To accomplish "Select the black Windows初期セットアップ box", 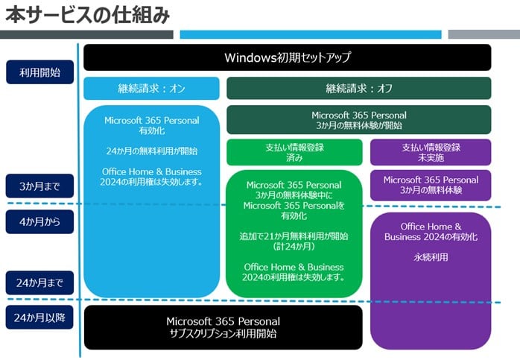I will [287, 57].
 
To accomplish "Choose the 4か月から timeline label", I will [39, 221].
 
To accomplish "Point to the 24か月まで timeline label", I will [39, 282].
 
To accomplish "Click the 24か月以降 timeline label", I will [39, 318].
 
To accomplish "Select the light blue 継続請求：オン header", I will [151, 88].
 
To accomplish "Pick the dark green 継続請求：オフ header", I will [358, 88].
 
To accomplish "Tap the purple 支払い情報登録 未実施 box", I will [431, 152].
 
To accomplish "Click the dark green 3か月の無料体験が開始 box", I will [358, 120].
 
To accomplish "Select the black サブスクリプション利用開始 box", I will [223, 327].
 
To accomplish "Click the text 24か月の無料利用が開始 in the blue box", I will [151, 151].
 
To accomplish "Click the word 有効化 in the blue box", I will [151, 130].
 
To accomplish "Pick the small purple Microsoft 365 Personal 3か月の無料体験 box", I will [431, 185].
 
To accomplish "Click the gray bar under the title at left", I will [86, 34].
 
